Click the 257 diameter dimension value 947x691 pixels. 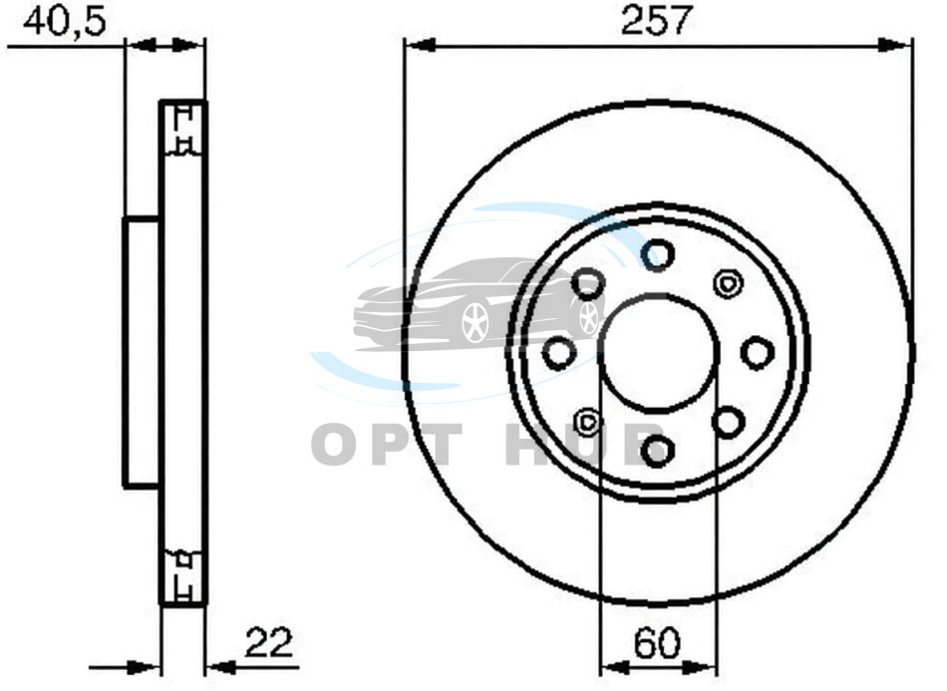(655, 21)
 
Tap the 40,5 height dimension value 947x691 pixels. (64, 21)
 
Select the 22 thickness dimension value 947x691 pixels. (269, 643)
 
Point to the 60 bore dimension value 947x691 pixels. (657, 643)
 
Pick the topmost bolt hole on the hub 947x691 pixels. (657, 254)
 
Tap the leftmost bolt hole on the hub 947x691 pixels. (558, 353)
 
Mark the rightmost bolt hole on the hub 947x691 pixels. (758, 353)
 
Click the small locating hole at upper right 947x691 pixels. (728, 283)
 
